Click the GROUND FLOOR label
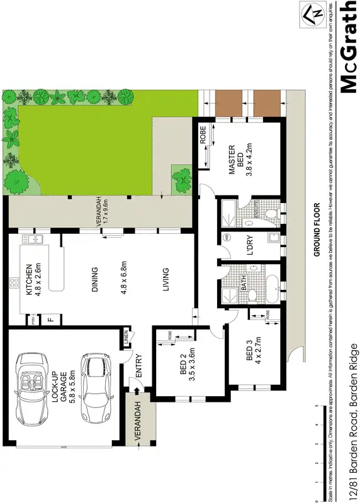coord(318,229)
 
